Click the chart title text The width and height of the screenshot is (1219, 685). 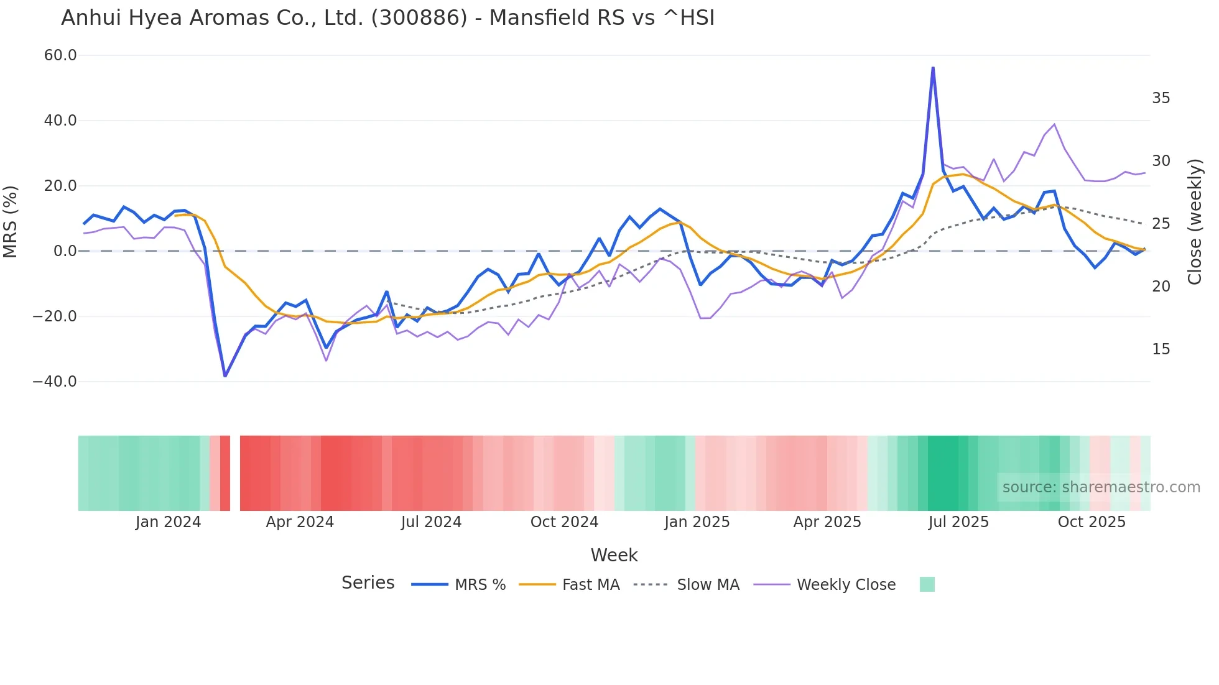[387, 18]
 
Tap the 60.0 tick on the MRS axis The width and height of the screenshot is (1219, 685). [60, 55]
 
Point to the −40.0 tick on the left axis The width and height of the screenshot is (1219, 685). [55, 382]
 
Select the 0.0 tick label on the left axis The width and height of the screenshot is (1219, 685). [65, 251]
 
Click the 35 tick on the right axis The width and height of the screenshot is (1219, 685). [1161, 98]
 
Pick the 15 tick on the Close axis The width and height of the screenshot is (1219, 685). [1161, 349]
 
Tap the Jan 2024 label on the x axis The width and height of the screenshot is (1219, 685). [168, 522]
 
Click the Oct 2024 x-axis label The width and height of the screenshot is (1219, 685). [564, 522]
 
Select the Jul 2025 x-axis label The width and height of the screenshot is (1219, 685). [958, 522]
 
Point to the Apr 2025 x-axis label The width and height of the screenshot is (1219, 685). [827, 522]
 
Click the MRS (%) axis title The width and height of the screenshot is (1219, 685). [11, 221]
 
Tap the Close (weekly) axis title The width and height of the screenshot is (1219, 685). [1195, 221]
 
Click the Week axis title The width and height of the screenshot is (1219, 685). [614, 555]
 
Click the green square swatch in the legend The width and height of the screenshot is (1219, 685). [927, 584]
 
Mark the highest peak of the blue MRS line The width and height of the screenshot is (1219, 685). [933, 68]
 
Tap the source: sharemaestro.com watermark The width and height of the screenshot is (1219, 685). [1101, 487]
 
